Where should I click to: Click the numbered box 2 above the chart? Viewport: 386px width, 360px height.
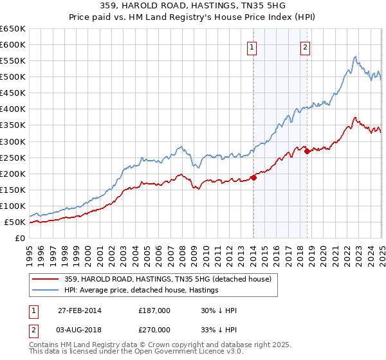305,46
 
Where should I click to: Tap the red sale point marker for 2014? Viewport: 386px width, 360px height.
253,178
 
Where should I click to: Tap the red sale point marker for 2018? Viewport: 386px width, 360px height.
308,152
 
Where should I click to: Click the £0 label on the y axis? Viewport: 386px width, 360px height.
20,238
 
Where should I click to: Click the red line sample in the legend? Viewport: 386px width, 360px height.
46,279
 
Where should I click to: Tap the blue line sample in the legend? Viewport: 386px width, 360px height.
46,290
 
